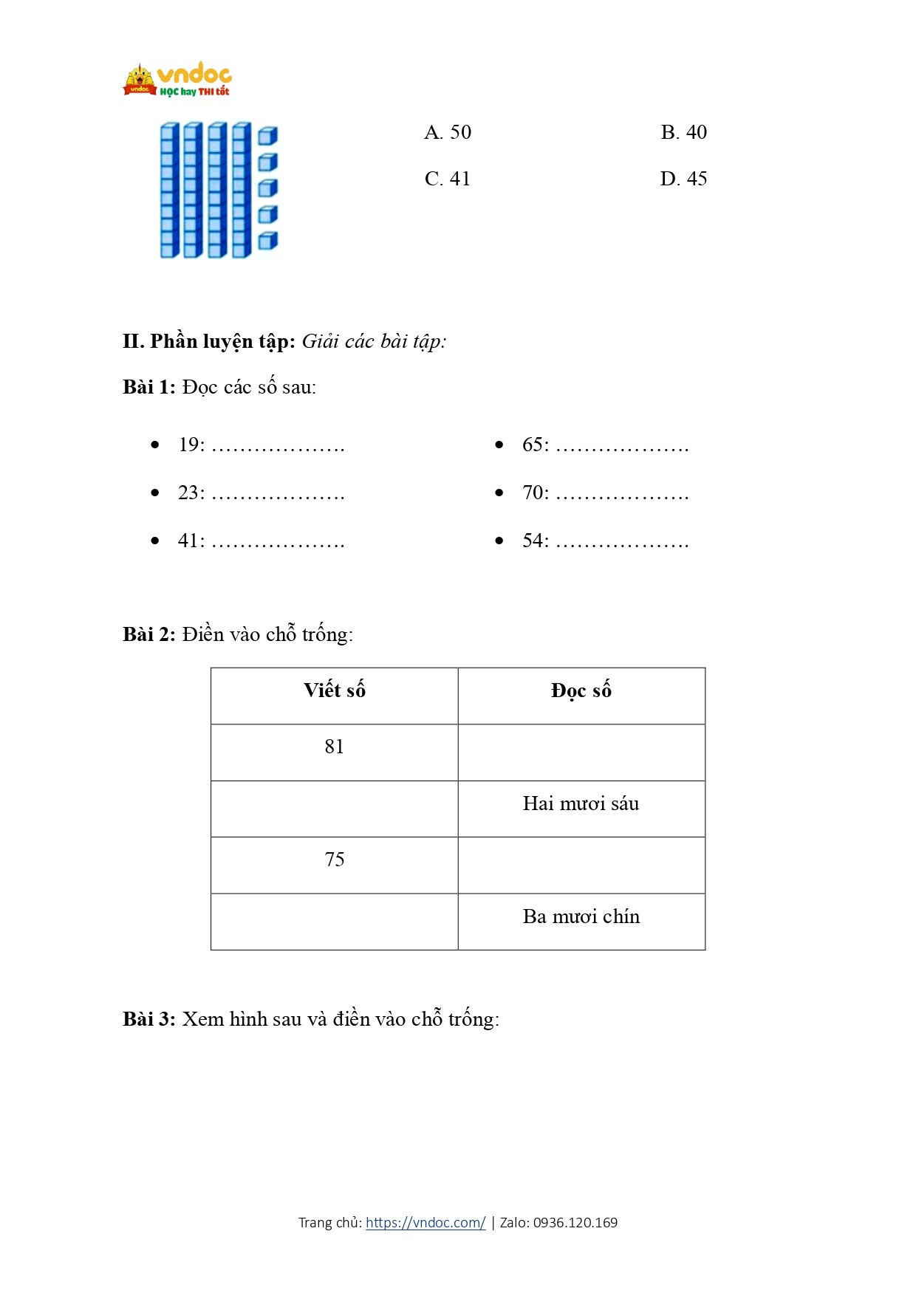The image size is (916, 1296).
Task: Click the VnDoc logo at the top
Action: [x=177, y=80]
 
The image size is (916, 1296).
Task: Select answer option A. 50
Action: [x=448, y=132]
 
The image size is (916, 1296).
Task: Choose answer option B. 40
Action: [x=683, y=132]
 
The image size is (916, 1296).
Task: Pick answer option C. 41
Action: [x=448, y=179]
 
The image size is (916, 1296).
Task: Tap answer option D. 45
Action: [x=683, y=179]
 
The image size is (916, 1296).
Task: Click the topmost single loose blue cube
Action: [x=267, y=136]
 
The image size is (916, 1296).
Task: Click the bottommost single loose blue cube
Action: [x=267, y=241]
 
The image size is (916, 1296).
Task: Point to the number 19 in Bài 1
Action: [x=189, y=445]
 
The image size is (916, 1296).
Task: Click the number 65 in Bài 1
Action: [x=533, y=445]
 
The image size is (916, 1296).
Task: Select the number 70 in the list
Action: [x=533, y=493]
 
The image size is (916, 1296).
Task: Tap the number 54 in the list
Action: [x=533, y=541]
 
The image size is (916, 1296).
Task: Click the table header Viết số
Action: [x=335, y=690]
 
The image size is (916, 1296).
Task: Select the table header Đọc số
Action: [x=581, y=690]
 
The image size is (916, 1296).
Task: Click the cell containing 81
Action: [x=335, y=747]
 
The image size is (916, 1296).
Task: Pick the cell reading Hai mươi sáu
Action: [x=581, y=803]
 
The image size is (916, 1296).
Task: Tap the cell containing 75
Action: [x=335, y=860]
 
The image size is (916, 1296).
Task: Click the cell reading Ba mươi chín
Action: [x=581, y=916]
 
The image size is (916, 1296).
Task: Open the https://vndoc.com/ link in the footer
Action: [x=425, y=1222]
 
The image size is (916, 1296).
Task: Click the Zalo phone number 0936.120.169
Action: [x=575, y=1222]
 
